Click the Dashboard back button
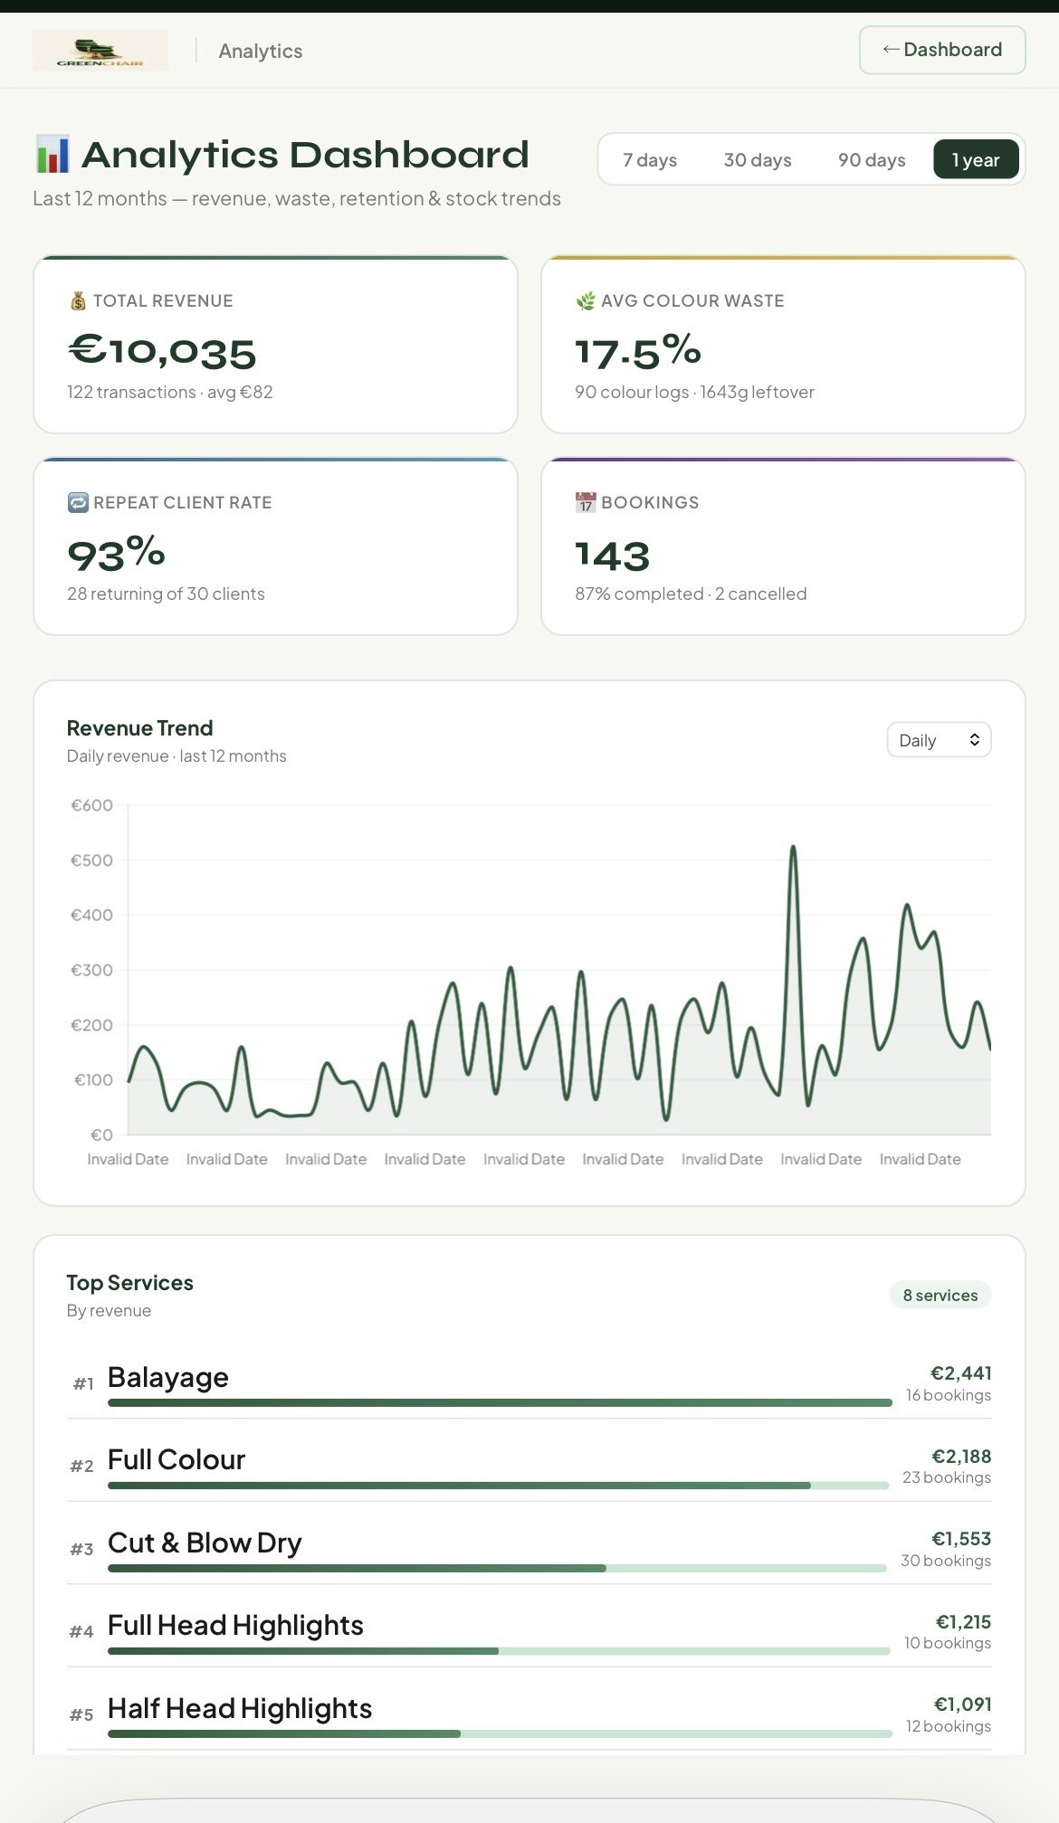(941, 50)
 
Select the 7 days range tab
(650, 160)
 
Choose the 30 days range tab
(758, 160)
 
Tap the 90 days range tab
(872, 160)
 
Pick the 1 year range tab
(976, 160)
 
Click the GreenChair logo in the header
(100, 51)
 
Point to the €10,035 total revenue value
(162, 351)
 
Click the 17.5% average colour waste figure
(638, 351)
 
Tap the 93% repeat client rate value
(116, 554)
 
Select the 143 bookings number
(613, 555)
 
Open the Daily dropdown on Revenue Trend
(939, 740)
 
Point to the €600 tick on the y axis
(92, 805)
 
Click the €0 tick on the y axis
(101, 1135)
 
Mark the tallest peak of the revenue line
(793, 848)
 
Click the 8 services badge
(940, 1295)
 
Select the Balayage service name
(168, 1377)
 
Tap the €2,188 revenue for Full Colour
(961, 1456)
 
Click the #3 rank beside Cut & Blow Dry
(81, 1549)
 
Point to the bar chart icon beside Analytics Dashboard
(52, 155)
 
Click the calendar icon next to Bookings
(586, 502)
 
